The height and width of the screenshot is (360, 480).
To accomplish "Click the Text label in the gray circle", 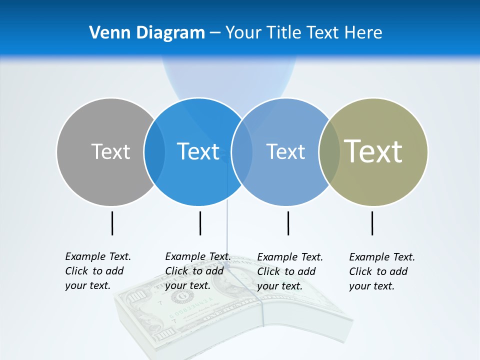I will [x=110, y=151].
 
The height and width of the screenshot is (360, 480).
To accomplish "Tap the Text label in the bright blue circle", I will [x=198, y=151].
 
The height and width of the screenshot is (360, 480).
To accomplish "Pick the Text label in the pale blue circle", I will [x=285, y=151].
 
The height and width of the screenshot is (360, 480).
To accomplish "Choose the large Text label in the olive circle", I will [x=373, y=151].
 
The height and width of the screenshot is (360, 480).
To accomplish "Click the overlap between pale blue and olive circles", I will [x=329, y=151].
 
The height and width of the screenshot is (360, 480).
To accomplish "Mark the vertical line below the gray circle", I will [x=112, y=223].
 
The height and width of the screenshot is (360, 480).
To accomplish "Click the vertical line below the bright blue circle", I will [x=200, y=223].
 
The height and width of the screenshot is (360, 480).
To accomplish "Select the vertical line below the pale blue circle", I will [x=288, y=223].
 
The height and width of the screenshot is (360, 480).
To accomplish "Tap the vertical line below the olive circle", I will [x=372, y=223].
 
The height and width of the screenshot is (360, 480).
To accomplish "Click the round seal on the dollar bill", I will [x=179, y=297].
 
